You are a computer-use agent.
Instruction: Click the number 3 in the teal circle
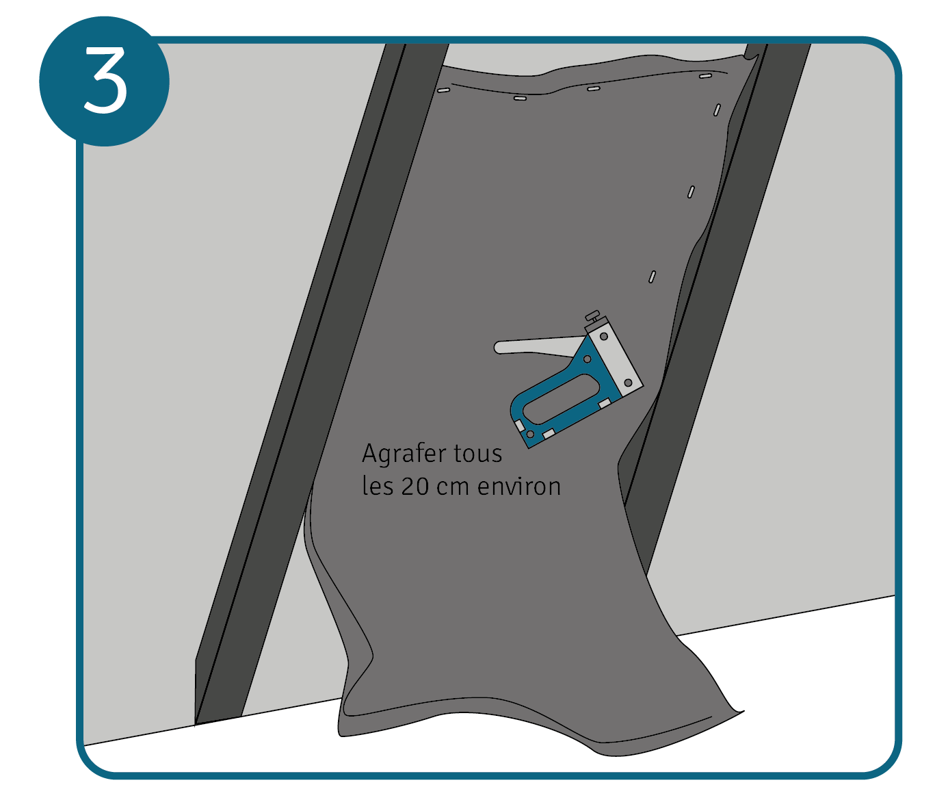(105, 81)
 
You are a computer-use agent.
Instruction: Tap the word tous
(480, 454)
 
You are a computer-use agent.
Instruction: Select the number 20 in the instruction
(415, 487)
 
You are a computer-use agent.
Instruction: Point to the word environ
(519, 487)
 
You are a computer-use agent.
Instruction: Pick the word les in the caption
(378, 486)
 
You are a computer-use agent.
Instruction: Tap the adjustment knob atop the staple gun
(593, 315)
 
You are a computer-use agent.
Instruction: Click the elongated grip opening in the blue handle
(561, 399)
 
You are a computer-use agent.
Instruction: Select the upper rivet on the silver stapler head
(604, 337)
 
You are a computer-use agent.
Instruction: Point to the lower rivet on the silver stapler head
(628, 383)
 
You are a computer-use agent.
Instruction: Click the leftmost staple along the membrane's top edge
(443, 90)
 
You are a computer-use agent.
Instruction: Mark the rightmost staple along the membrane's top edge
(705, 76)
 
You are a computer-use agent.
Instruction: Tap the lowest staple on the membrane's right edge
(652, 276)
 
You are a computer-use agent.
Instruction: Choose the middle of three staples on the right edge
(691, 192)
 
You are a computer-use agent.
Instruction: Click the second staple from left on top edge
(520, 98)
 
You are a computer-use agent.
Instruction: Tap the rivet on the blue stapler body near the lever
(587, 359)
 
